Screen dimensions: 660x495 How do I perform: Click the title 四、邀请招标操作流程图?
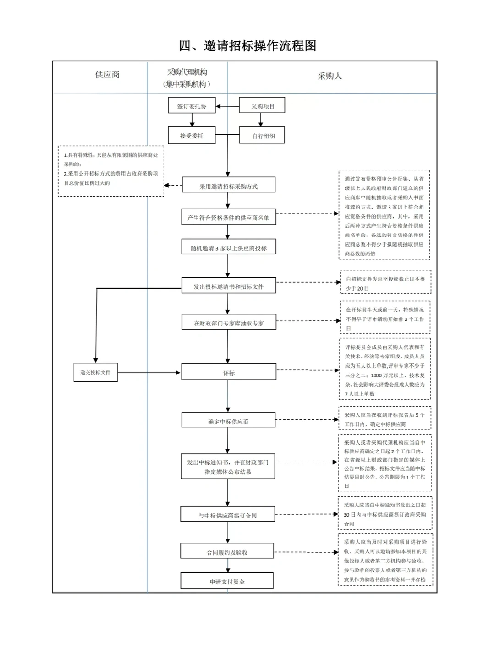click(247, 46)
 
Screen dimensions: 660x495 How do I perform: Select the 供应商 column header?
click(107, 75)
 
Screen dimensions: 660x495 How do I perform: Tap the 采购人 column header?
click(330, 76)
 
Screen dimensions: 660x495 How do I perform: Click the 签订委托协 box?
click(192, 106)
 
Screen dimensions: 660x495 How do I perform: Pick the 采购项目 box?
click(262, 106)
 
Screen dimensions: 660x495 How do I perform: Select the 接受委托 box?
click(192, 136)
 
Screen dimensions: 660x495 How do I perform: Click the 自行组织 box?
click(262, 136)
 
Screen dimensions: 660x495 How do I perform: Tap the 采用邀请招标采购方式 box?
click(228, 186)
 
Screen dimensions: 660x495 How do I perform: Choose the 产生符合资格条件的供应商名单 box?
click(228, 217)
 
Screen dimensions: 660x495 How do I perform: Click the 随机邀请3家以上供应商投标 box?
click(228, 247)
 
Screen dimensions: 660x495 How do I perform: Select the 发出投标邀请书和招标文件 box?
click(228, 286)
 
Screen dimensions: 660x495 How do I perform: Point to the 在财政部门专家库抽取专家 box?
click(228, 323)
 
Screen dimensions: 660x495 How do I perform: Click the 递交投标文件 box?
click(95, 372)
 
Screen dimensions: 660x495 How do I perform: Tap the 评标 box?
click(228, 373)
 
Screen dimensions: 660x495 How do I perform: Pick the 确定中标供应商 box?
click(228, 421)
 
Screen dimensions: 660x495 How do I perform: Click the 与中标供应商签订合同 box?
click(227, 515)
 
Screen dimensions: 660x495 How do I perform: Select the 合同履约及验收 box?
click(227, 552)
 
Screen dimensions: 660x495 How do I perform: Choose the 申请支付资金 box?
click(227, 581)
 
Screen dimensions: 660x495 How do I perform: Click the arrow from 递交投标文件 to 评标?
click(149, 373)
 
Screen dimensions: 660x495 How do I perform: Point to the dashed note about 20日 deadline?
click(385, 283)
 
